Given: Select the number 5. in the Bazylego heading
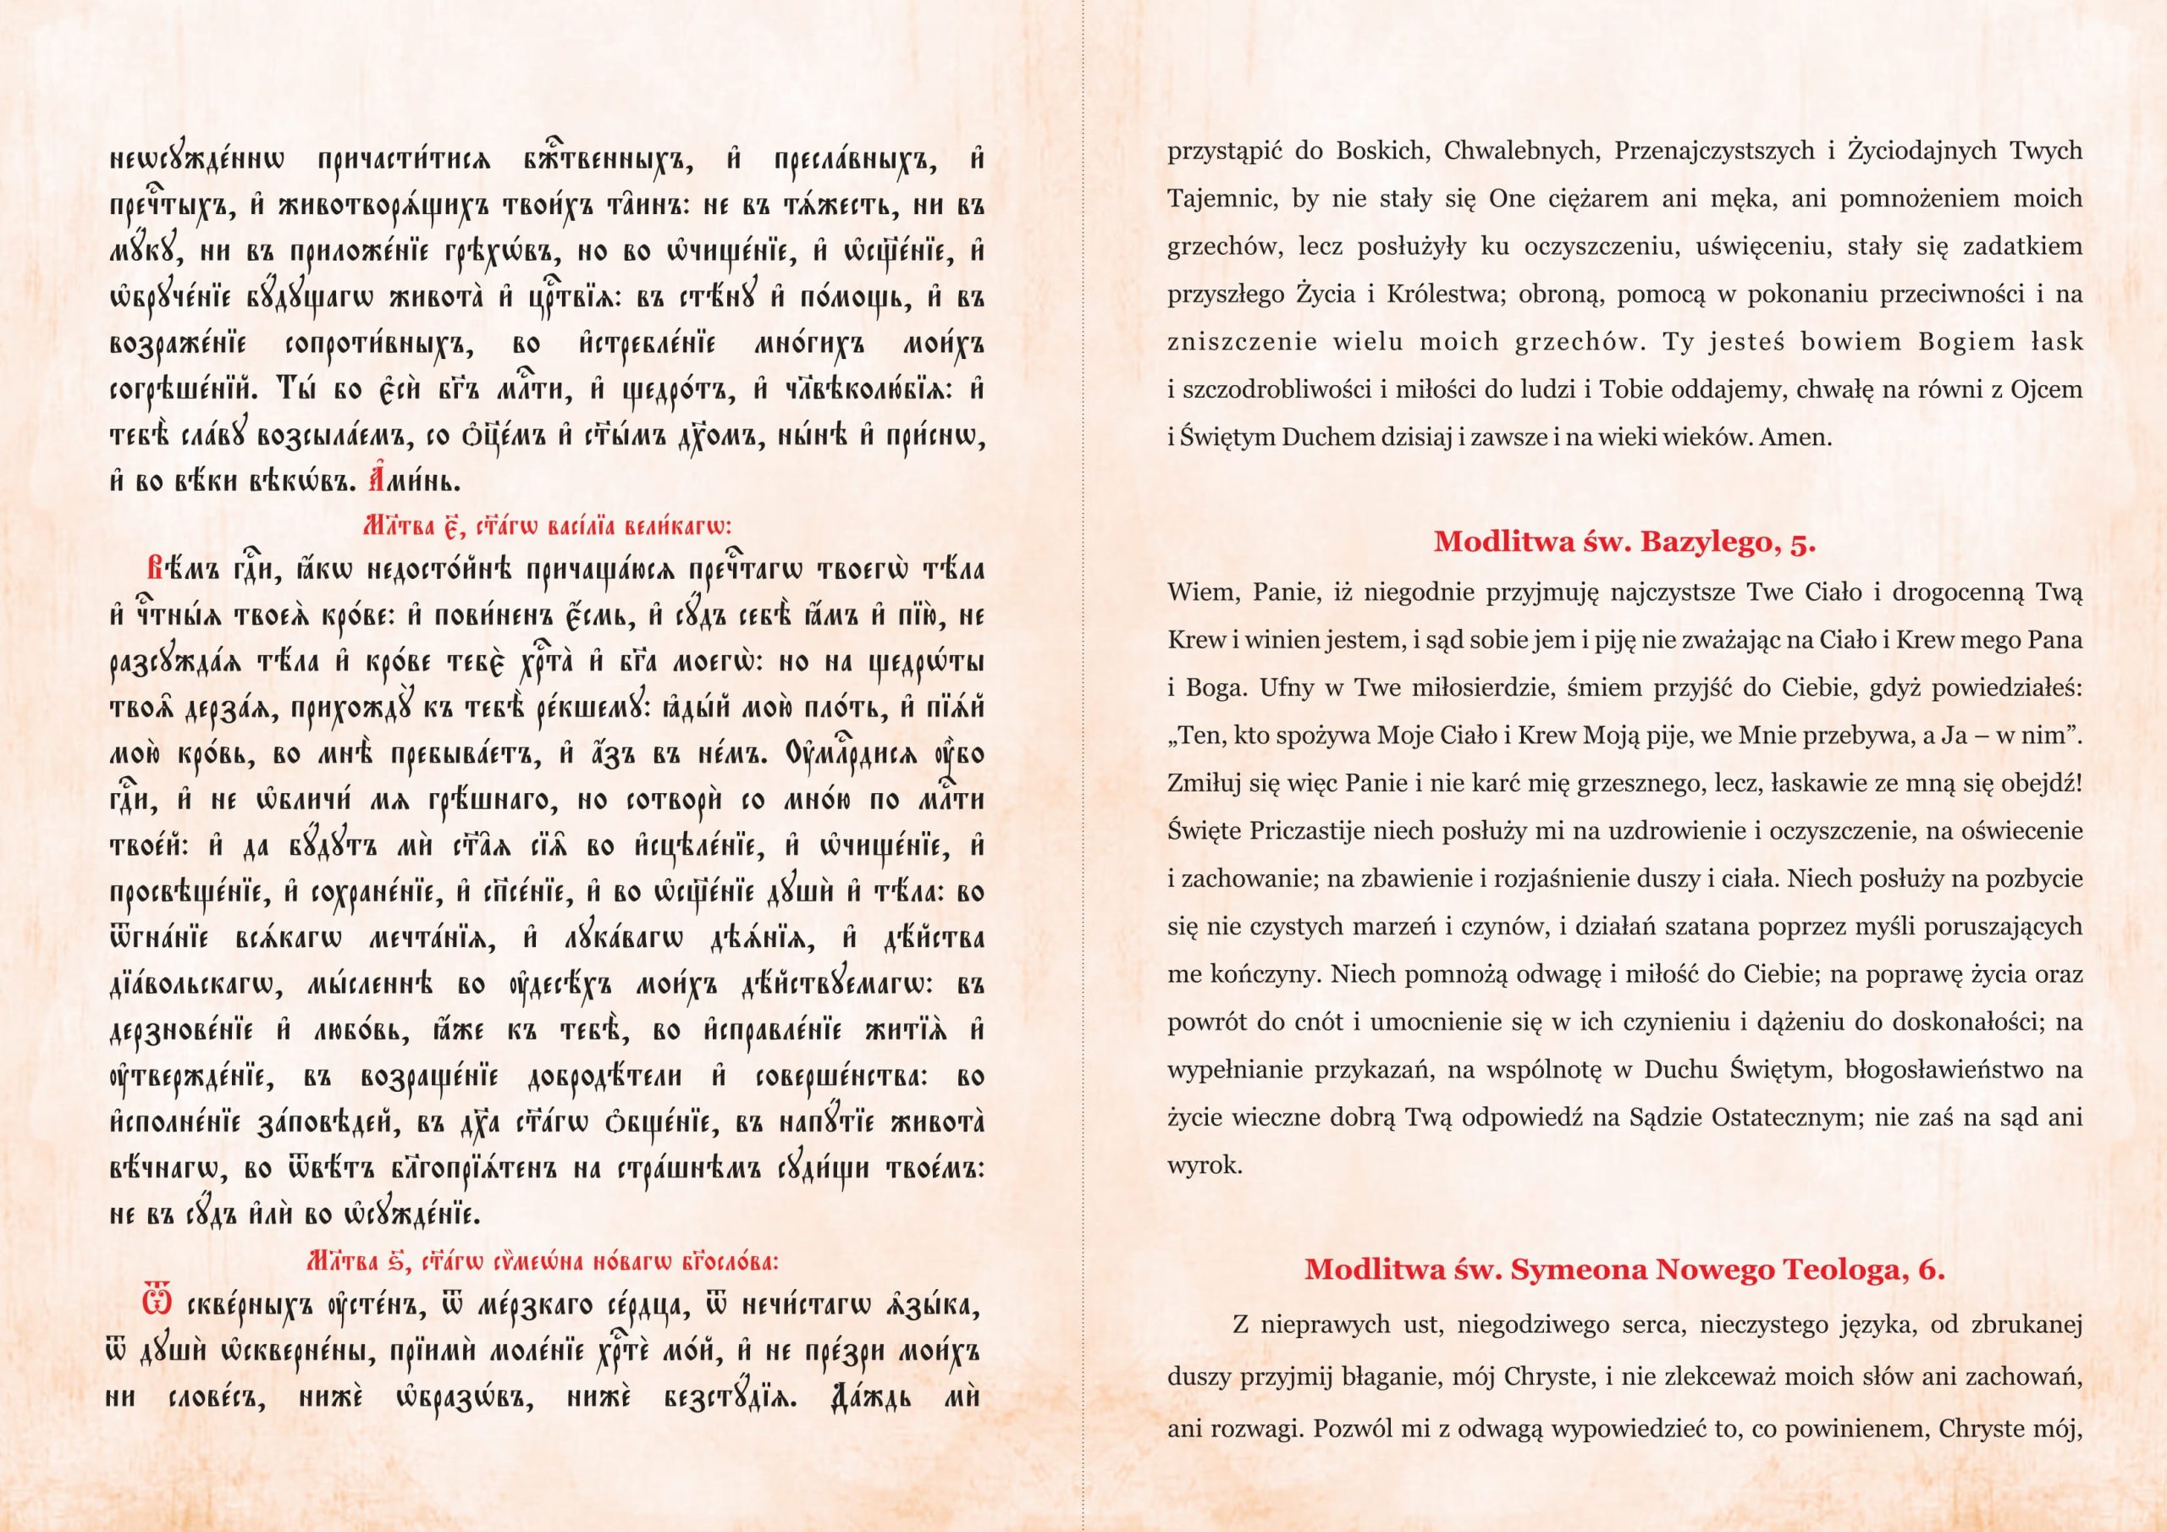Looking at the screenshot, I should tap(1802, 542).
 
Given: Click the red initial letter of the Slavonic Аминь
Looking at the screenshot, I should tap(376, 480).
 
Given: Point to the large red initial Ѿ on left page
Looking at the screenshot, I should tap(157, 1303).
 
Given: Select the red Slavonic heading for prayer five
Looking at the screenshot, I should tap(548, 526).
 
